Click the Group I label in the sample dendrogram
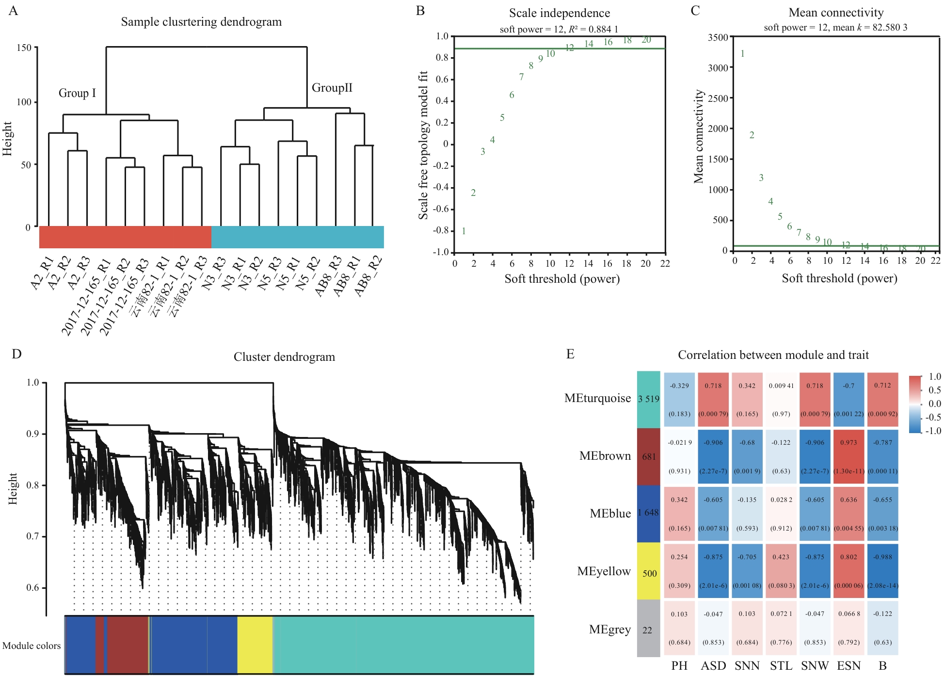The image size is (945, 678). coord(77,93)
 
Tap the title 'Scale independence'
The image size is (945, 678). coord(559,13)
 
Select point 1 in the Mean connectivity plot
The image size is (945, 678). coord(742,54)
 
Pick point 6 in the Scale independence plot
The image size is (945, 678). coord(512,95)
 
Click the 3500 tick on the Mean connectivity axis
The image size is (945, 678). coord(718,38)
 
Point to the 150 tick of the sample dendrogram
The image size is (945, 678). coord(24,48)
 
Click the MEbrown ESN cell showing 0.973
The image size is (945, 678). coord(849,456)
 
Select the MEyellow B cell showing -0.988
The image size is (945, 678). coord(882,571)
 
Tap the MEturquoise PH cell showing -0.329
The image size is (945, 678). coord(679,400)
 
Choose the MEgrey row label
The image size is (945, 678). coord(609,630)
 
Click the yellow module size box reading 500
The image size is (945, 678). coord(649,573)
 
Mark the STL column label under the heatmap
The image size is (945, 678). coord(781,666)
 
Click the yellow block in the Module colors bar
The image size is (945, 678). coord(255,645)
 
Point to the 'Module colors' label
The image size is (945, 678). coord(32,646)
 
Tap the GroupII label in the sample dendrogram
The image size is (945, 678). coord(332,88)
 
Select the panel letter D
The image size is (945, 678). coord(16,354)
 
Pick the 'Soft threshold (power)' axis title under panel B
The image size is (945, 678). coord(562,279)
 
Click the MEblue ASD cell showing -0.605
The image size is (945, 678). coord(713,514)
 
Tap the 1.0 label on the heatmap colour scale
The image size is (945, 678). coord(934,377)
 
